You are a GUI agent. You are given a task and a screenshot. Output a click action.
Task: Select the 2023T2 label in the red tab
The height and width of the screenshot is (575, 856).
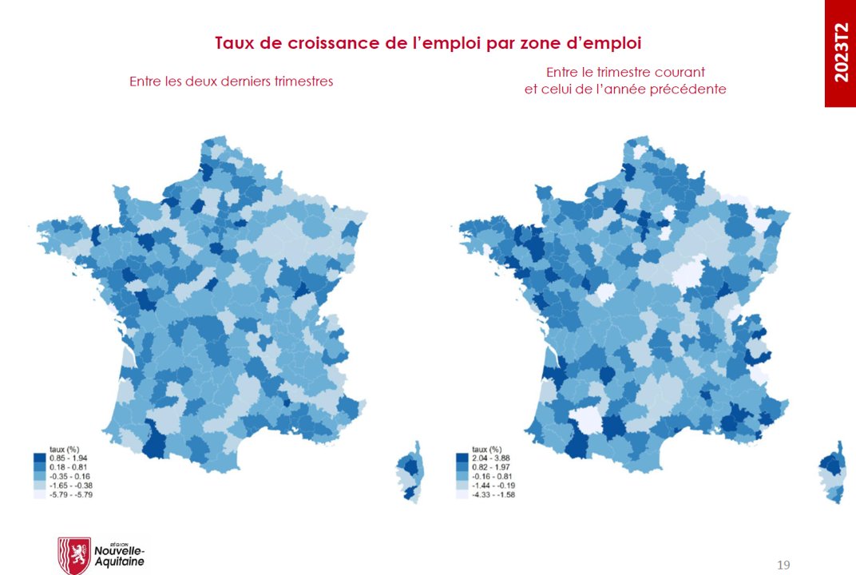(x=840, y=54)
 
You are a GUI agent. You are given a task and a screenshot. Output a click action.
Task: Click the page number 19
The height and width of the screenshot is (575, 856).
(x=783, y=565)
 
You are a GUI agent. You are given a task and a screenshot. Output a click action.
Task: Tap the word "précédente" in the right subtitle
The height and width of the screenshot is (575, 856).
(x=688, y=89)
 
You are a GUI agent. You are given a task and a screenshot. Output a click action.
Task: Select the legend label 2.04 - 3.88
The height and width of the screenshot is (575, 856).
(x=489, y=458)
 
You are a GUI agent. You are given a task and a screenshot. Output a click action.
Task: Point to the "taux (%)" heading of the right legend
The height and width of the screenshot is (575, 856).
(x=486, y=449)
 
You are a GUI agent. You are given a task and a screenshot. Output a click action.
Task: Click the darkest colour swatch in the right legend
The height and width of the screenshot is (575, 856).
(x=461, y=458)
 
